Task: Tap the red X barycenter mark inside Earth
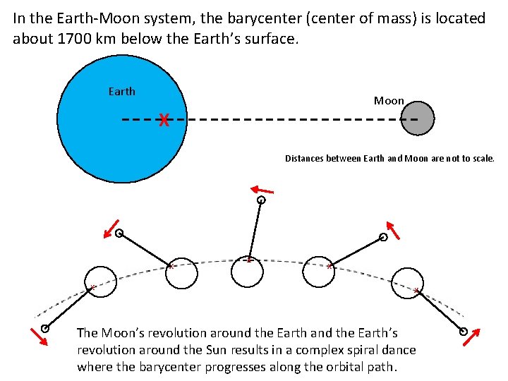click(164, 120)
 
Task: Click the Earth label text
click(121, 91)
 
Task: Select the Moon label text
click(389, 101)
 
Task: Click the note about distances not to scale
click(389, 159)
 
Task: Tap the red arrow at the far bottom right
click(472, 338)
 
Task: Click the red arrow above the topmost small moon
click(262, 189)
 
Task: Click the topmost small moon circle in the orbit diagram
click(261, 200)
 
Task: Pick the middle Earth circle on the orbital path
click(247, 272)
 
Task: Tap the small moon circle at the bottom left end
click(45, 328)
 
